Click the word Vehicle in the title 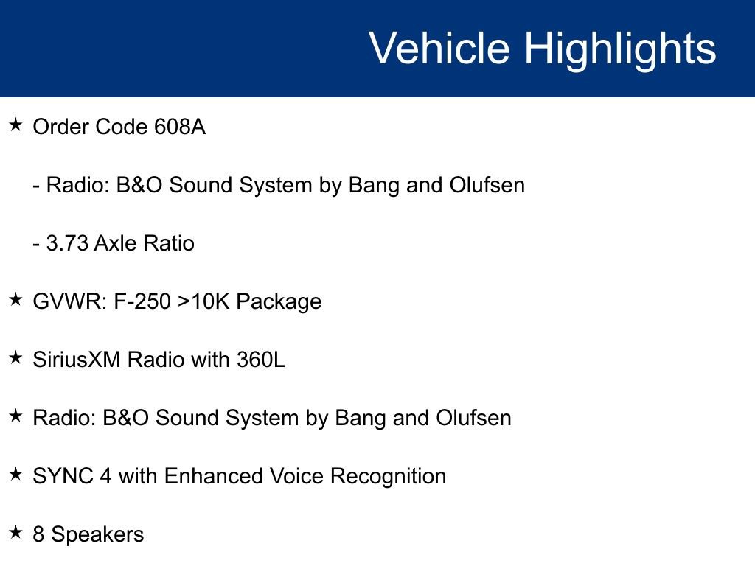pyautogui.click(x=439, y=49)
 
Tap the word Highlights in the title pyautogui.click(x=620, y=49)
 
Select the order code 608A pyautogui.click(x=180, y=127)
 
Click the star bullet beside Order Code pyautogui.click(x=15, y=125)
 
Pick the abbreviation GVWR pyautogui.click(x=70, y=301)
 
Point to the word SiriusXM pyautogui.click(x=77, y=360)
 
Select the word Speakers pyautogui.click(x=97, y=534)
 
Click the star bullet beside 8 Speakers pyautogui.click(x=15, y=532)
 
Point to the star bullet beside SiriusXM pyautogui.click(x=15, y=357)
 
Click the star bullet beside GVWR pyautogui.click(x=15, y=299)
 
